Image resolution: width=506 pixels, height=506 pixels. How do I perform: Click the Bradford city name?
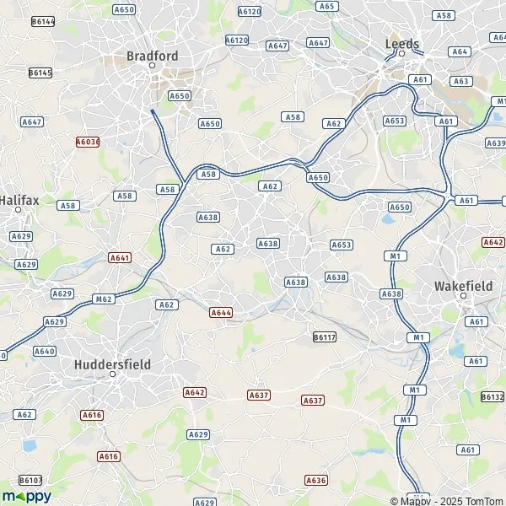click(x=152, y=56)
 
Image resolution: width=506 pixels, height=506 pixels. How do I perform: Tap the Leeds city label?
click(x=401, y=43)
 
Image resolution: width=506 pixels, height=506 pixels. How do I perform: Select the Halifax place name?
click(x=19, y=202)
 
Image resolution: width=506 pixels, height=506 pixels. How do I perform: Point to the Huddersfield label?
click(x=111, y=363)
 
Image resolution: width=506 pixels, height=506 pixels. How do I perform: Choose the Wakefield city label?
click(x=462, y=286)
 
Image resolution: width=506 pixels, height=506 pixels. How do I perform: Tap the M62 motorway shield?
click(x=105, y=299)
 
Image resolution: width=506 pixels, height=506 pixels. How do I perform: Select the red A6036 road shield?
click(x=87, y=142)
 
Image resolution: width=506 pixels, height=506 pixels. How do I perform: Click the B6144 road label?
click(x=41, y=20)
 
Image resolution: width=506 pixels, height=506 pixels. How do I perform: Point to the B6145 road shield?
click(x=40, y=73)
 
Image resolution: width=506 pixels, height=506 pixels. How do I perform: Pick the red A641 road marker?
click(x=120, y=256)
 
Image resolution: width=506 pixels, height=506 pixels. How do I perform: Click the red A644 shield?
click(x=221, y=313)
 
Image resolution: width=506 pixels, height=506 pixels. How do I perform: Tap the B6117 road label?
click(x=325, y=336)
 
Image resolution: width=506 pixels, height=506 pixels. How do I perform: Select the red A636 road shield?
click(x=315, y=480)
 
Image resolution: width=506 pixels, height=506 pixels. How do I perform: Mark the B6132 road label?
click(x=493, y=396)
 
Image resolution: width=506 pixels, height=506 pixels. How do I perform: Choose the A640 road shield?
click(x=45, y=351)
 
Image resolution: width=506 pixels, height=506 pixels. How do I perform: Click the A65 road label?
click(x=327, y=6)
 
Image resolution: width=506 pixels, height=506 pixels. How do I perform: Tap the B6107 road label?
click(x=30, y=480)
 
